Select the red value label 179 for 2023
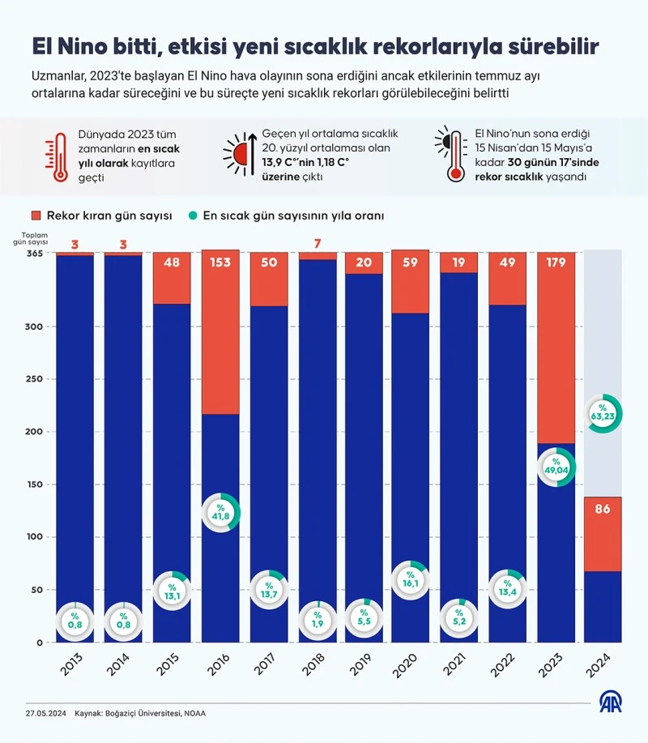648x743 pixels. [x=556, y=263]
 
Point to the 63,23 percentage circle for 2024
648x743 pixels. [x=603, y=413]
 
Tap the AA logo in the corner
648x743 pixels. [x=611, y=702]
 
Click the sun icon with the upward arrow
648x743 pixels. [x=242, y=152]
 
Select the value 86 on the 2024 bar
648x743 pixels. [x=603, y=510]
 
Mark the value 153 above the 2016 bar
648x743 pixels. [x=220, y=263]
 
